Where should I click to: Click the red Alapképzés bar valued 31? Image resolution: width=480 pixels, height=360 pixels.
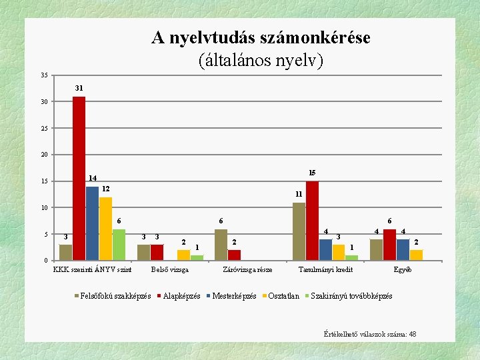79,179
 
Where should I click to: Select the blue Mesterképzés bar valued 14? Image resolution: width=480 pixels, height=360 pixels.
92,223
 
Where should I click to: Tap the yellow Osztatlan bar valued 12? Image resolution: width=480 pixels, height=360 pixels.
105,229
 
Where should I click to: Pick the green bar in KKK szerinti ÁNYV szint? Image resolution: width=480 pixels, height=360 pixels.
119,245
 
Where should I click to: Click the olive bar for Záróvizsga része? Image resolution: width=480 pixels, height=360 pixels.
221,245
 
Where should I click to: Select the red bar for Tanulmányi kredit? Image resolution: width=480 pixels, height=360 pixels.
312,221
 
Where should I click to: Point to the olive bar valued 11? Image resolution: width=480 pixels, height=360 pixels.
299,231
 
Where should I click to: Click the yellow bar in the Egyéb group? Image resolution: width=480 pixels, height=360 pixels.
416,255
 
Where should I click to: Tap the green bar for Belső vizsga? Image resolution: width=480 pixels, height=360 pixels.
197,258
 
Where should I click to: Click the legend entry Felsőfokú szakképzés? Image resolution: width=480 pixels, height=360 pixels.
113,296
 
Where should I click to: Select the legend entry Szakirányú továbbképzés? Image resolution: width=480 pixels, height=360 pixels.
349,296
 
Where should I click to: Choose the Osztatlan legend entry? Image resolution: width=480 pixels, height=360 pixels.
281,296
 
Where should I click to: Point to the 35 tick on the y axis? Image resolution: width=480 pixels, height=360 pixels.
45,75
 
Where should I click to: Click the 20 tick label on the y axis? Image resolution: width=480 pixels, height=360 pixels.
45,155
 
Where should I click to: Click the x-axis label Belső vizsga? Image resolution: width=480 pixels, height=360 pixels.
170,270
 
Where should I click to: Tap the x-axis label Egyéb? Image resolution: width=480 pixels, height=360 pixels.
403,270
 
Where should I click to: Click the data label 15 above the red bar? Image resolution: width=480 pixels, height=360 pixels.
312,173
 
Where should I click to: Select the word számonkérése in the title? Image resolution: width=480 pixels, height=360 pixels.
315,38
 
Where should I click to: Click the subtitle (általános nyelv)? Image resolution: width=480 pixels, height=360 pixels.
261,60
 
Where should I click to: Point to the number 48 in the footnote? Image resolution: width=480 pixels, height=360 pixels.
413,334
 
